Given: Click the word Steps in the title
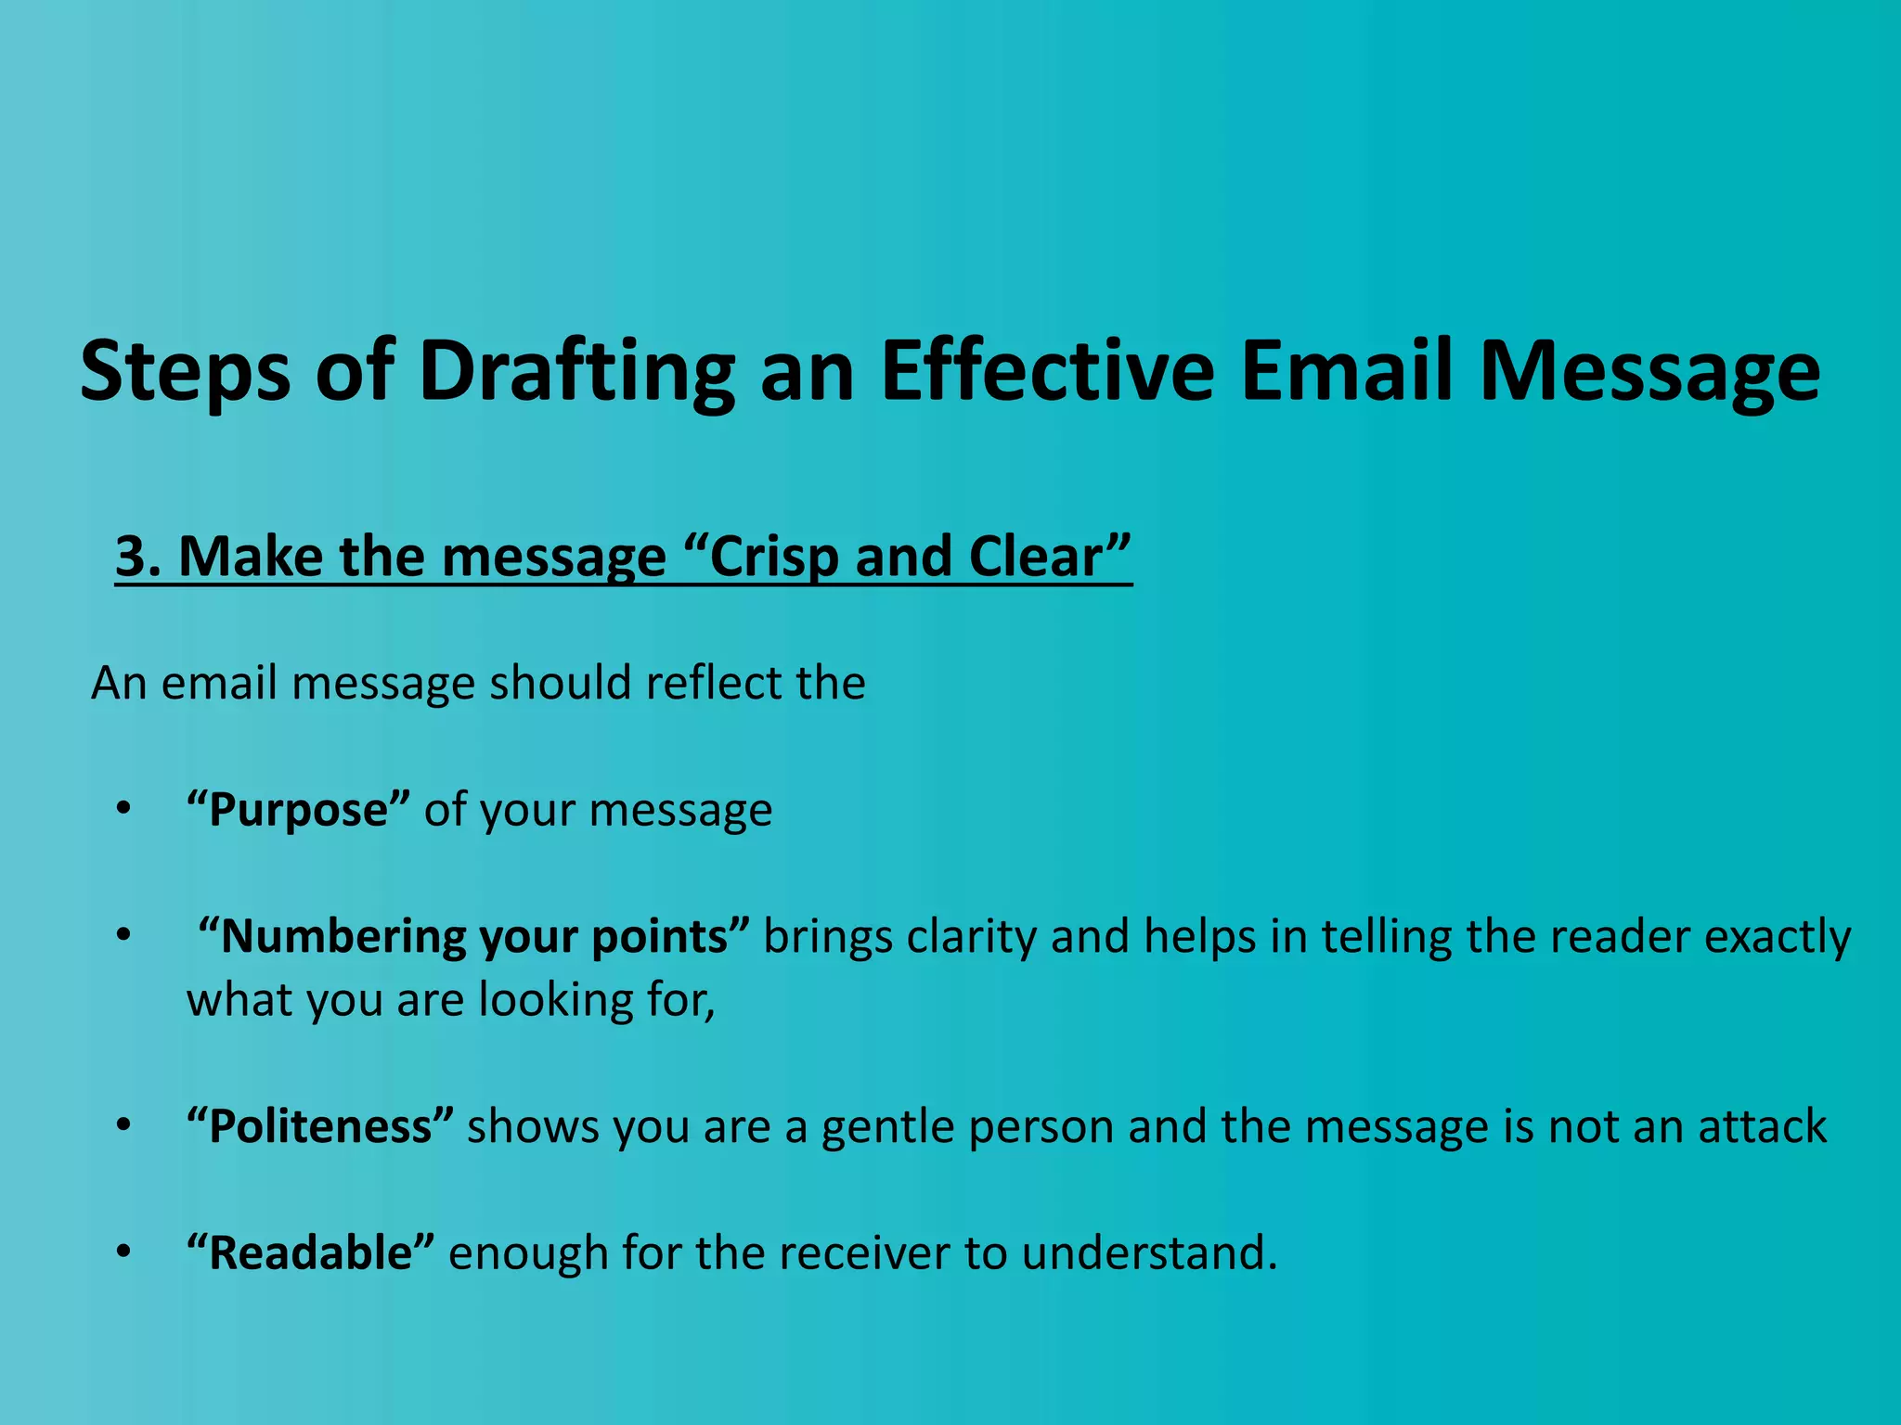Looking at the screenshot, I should (186, 373).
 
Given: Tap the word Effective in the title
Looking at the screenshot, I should (1047, 373).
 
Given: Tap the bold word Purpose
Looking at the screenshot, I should (298, 810).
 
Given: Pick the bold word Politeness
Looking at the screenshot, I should (320, 1127).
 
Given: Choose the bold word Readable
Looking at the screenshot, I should (310, 1253).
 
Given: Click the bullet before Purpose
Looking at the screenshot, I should (124, 810).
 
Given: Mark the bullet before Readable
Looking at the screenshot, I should (124, 1253).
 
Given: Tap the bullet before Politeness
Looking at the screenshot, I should (124, 1127).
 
